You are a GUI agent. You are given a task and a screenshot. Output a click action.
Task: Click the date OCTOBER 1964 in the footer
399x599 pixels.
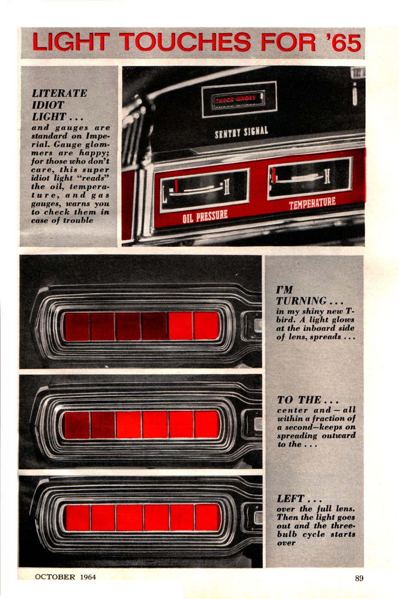[x=65, y=577]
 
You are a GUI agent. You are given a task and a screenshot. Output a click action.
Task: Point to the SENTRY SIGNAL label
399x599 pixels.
[x=241, y=132]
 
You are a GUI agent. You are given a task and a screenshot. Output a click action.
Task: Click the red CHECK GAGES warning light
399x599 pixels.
[x=235, y=99]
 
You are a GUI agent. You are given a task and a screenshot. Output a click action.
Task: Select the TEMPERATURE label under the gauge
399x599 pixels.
[x=312, y=204]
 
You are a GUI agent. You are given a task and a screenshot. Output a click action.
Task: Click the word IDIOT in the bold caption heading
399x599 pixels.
[x=48, y=105]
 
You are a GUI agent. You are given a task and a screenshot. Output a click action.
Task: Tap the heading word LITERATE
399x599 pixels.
[x=59, y=93]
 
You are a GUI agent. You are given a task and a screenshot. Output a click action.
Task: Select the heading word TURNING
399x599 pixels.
[x=301, y=301]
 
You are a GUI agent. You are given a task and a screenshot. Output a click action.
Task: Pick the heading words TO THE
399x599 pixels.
[x=299, y=400]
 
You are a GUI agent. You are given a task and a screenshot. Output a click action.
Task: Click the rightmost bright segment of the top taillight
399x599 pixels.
[x=206, y=326]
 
